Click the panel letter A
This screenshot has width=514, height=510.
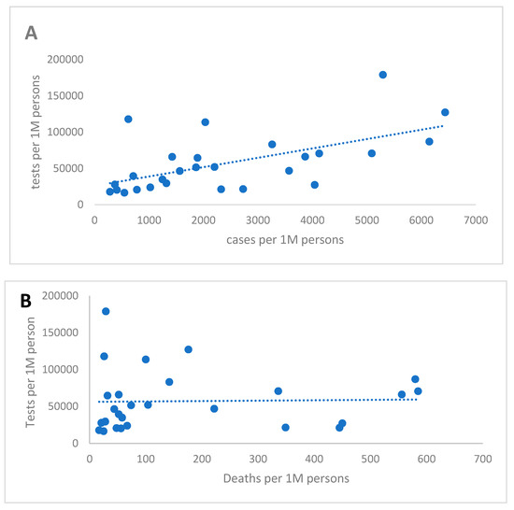[x=32, y=34]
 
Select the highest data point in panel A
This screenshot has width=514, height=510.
[x=383, y=75]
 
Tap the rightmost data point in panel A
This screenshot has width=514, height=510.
[x=445, y=112]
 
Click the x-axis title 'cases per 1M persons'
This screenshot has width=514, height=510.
[x=268, y=240]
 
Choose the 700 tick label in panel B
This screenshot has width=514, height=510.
[x=482, y=459]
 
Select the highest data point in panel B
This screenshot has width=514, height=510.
[x=106, y=311]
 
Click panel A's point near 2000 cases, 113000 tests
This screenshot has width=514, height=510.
[x=206, y=122]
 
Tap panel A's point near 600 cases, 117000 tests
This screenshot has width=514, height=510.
[x=128, y=119]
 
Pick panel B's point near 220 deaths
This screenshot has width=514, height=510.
[x=214, y=408]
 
